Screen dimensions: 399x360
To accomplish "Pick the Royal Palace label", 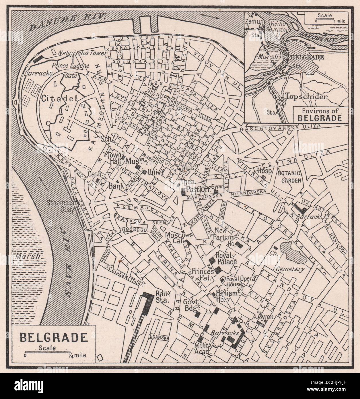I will click(x=227, y=258).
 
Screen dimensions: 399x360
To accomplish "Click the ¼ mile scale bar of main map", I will click(x=48, y=352).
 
